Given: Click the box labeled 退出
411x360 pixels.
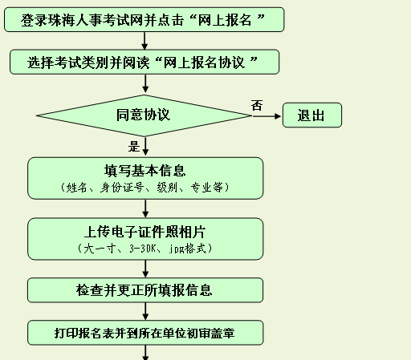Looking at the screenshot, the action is pyautogui.click(x=312, y=115).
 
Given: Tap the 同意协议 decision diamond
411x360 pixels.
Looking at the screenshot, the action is pyautogui.click(x=144, y=115).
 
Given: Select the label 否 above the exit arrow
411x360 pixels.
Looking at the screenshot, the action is pyautogui.click(x=257, y=105).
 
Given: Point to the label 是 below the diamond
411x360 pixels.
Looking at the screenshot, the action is pyautogui.click(x=134, y=147).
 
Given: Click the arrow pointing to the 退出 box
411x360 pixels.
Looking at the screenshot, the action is pyautogui.click(x=267, y=116).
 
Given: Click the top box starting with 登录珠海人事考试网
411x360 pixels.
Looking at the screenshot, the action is pyautogui.click(x=144, y=20).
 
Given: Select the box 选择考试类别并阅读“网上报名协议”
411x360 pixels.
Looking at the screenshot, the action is pyautogui.click(x=144, y=62).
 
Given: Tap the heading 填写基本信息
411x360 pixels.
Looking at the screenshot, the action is pyautogui.click(x=144, y=171).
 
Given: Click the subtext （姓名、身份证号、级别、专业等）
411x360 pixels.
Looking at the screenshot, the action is pyautogui.click(x=144, y=188).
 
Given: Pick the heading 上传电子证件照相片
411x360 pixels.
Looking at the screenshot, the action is pyautogui.click(x=144, y=232).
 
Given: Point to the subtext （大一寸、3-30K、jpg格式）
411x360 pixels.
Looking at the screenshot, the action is pyautogui.click(x=144, y=249).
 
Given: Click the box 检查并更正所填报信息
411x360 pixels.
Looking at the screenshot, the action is pyautogui.click(x=145, y=290).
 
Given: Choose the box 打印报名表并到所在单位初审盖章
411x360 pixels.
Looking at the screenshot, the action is pyautogui.click(x=145, y=333).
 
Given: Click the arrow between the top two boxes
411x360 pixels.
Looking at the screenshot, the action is pyautogui.click(x=144, y=41).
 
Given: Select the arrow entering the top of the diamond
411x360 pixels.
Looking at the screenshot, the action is pyautogui.click(x=145, y=83).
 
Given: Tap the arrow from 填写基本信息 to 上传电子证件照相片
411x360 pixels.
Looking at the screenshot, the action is pyautogui.click(x=145, y=208).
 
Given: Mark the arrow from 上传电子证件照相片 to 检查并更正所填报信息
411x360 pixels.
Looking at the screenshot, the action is pyautogui.click(x=145, y=269).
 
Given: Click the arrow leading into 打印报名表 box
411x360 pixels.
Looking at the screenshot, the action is pyautogui.click(x=145, y=311).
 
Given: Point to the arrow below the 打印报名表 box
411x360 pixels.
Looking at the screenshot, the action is pyautogui.click(x=145, y=353).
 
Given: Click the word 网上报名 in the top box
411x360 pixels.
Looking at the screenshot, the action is pyautogui.click(x=225, y=20).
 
